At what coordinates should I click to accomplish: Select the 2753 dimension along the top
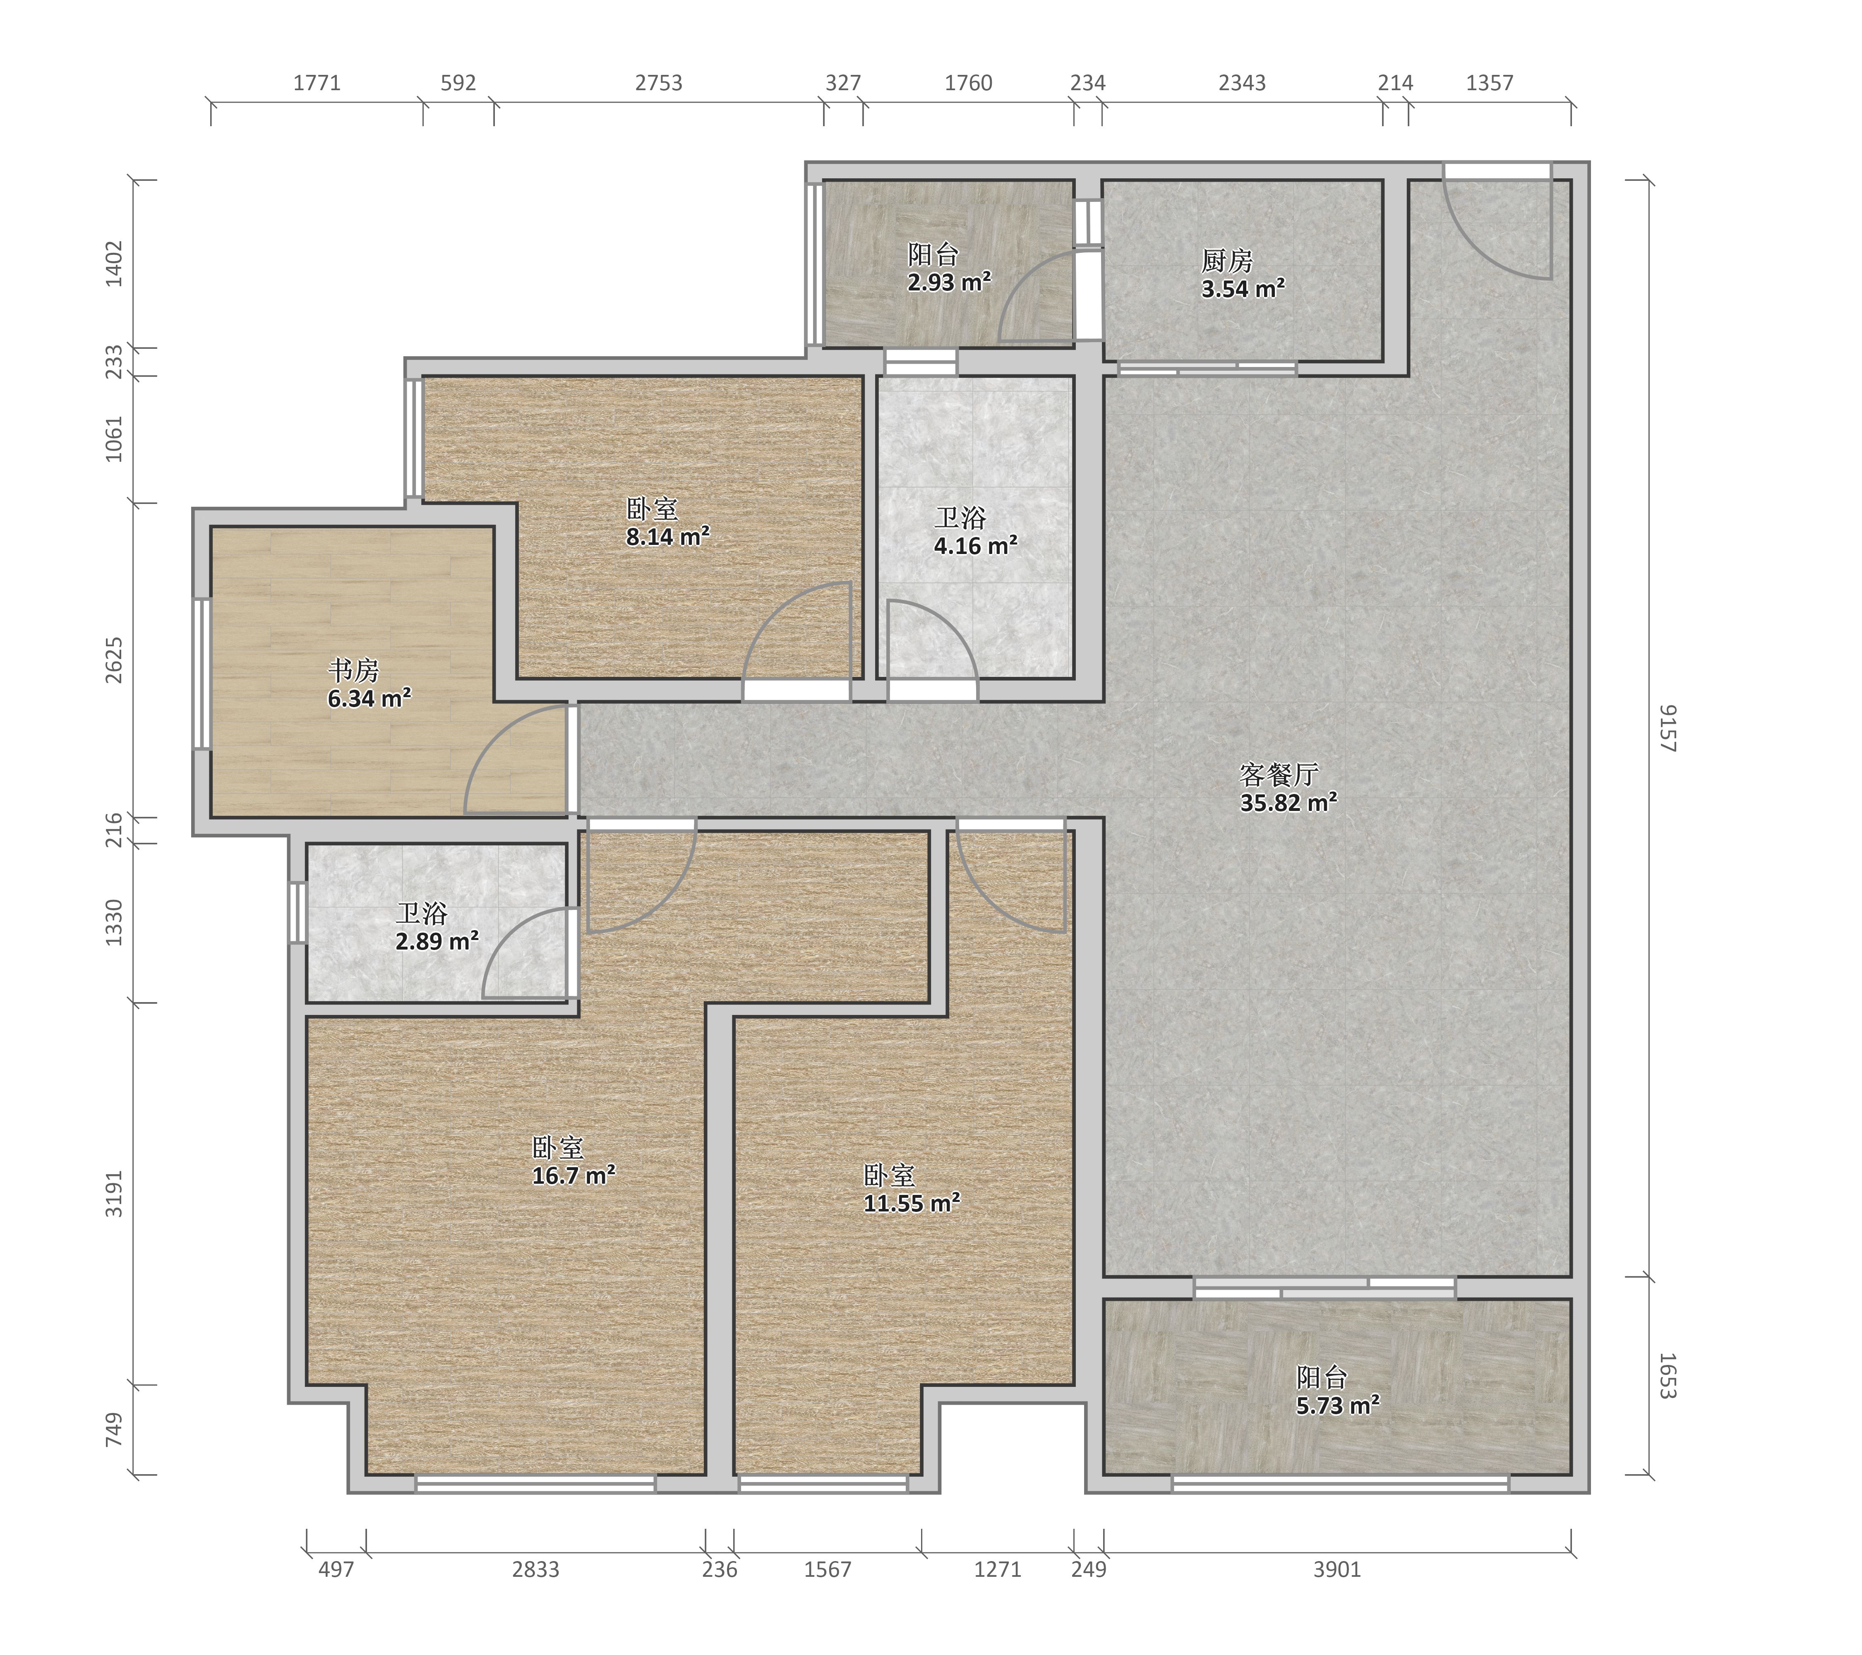pos(659,83)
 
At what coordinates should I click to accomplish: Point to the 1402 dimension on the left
pos(114,263)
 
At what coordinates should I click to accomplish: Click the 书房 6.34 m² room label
pos(369,685)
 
